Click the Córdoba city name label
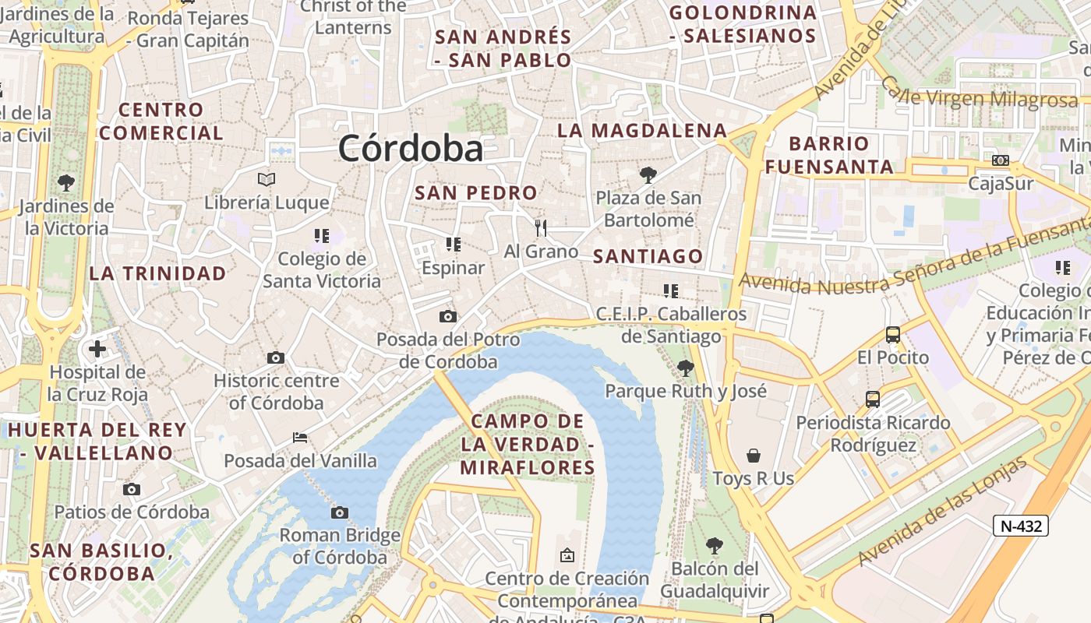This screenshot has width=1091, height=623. [411, 148]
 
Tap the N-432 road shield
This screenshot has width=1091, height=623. [1021, 526]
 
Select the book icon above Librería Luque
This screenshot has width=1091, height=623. [267, 180]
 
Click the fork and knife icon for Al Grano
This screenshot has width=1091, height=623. [541, 227]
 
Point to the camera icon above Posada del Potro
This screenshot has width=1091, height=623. [447, 316]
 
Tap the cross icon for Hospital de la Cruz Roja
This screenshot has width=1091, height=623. [97, 349]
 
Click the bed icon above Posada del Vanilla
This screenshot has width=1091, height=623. [300, 438]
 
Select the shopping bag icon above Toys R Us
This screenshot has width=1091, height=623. [753, 455]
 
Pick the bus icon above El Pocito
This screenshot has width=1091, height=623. [893, 335]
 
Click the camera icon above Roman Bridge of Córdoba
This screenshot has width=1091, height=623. [339, 512]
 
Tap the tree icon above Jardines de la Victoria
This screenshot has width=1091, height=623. [66, 183]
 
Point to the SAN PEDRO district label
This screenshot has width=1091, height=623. [476, 192]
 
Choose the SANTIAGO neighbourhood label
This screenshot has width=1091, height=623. [648, 256]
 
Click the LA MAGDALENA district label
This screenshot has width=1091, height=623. [642, 130]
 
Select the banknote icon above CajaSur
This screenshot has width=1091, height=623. [1001, 160]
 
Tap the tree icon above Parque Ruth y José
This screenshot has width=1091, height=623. [686, 368]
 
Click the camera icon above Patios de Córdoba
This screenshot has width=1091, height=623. [132, 490]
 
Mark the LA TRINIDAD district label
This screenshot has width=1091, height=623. [157, 273]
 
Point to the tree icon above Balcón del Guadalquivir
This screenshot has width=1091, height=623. [714, 546]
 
